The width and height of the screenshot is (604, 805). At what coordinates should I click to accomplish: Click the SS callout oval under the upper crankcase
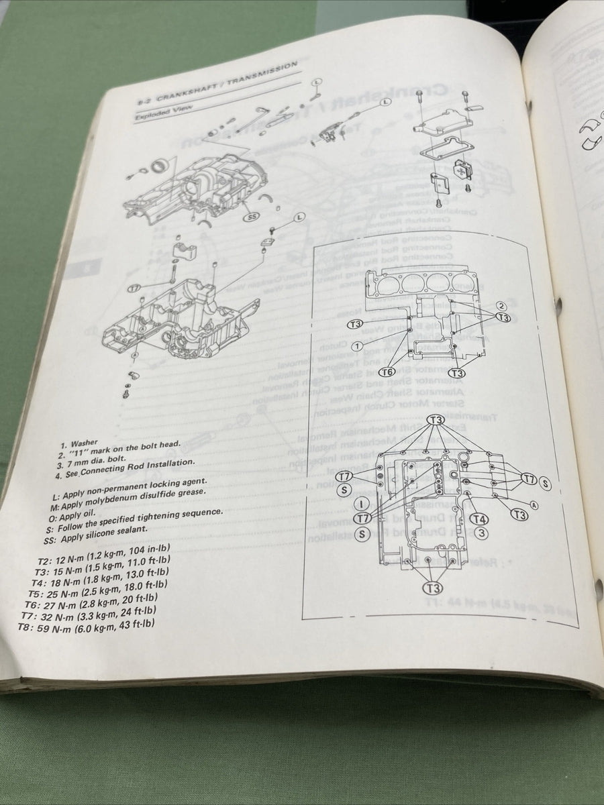click(x=252, y=218)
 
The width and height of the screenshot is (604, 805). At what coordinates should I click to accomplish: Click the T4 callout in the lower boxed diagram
click(x=479, y=519)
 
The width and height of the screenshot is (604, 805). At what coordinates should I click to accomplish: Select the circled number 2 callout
click(x=501, y=306)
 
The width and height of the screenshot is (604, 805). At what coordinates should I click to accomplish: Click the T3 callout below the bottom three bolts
click(x=433, y=588)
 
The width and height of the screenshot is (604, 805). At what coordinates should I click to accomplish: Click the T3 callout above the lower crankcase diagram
click(x=436, y=420)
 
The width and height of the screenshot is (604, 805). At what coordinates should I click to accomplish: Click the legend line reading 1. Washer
click(x=79, y=443)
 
